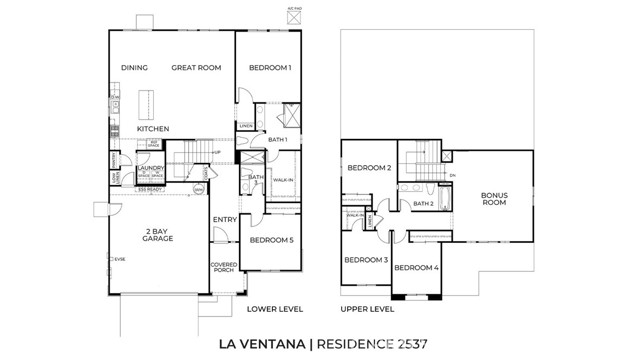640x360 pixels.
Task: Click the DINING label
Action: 134,68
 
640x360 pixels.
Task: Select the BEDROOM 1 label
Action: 268,68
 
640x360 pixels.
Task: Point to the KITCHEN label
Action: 153,129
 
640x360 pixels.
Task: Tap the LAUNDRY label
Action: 150,169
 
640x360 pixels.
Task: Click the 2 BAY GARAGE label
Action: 158,235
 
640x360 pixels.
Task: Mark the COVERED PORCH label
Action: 223,268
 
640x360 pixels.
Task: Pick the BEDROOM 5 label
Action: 271,240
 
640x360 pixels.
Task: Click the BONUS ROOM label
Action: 494,199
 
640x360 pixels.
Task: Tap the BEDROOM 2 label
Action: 369,168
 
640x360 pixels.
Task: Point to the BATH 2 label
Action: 423,204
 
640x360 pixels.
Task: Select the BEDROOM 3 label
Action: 365,260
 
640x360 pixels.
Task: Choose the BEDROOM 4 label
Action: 416,268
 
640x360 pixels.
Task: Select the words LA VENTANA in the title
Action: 261,344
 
